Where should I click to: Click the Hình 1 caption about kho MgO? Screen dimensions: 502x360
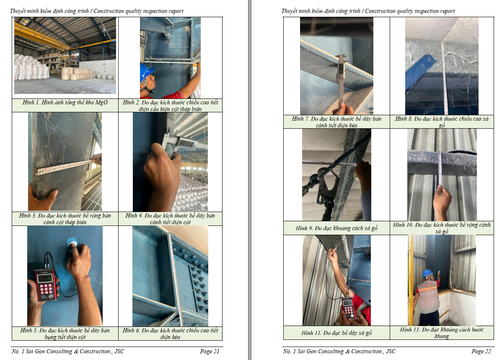point(65,103)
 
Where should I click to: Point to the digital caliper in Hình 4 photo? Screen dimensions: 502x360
point(182,143)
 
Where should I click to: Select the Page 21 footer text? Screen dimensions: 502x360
point(210,351)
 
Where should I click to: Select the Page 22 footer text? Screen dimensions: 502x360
point(481,351)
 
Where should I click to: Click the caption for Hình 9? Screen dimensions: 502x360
point(336,228)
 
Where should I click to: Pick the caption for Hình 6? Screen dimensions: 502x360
point(170,334)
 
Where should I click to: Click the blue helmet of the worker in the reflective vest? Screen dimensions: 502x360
point(427,274)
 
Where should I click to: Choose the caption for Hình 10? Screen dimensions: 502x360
point(442,228)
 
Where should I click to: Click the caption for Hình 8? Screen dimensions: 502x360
point(442,122)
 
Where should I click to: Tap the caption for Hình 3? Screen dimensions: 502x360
point(65,219)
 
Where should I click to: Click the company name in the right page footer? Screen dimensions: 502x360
point(339,351)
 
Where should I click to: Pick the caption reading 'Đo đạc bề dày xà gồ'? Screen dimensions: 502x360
point(336,333)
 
